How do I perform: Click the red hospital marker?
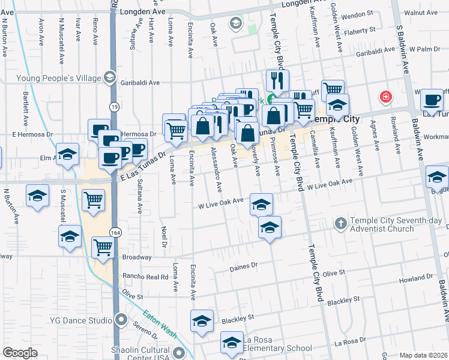(x=385, y=97)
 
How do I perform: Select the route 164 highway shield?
(x=113, y=232)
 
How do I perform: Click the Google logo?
(x=20, y=352)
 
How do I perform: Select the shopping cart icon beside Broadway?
(x=103, y=247)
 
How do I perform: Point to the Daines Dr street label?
(x=243, y=265)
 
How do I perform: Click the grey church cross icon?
(x=341, y=224)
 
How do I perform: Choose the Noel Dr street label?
(x=164, y=235)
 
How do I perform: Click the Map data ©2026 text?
(x=423, y=355)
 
